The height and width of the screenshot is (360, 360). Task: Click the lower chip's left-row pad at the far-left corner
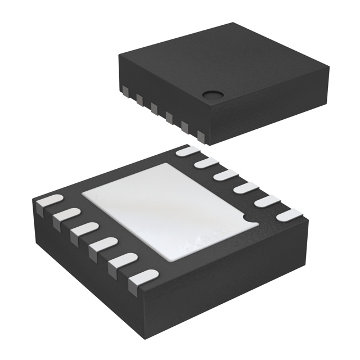click(49, 202)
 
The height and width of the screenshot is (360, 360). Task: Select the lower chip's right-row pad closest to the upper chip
click(188, 151)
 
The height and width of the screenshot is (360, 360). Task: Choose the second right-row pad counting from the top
click(206, 164)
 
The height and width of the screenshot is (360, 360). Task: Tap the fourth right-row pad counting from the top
click(246, 188)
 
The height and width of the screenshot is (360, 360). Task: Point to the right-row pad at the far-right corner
click(289, 214)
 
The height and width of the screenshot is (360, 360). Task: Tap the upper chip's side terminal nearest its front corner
click(200, 135)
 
